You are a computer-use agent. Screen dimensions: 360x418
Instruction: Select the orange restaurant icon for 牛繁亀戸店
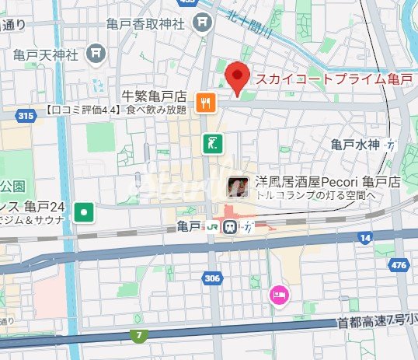pos(205,101)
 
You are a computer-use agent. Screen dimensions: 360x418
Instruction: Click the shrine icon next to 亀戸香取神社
pos(204,23)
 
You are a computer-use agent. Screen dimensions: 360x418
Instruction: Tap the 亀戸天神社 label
pos(46,54)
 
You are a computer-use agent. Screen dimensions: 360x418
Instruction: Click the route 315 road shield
pos(26,116)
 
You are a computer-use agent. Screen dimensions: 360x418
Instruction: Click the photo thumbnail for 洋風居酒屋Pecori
pos(238,186)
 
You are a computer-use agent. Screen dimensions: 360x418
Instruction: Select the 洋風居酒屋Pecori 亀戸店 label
pos(327,182)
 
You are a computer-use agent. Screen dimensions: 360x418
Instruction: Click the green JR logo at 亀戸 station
pos(212,226)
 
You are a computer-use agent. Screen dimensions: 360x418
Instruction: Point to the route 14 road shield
pos(364,236)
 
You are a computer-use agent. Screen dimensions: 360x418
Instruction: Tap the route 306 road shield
pos(212,277)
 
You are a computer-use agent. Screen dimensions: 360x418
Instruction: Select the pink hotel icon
pos(278,295)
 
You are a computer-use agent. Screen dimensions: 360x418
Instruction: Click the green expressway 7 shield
pos(138,334)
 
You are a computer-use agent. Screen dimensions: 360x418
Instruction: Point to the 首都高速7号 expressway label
pos(376,320)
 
